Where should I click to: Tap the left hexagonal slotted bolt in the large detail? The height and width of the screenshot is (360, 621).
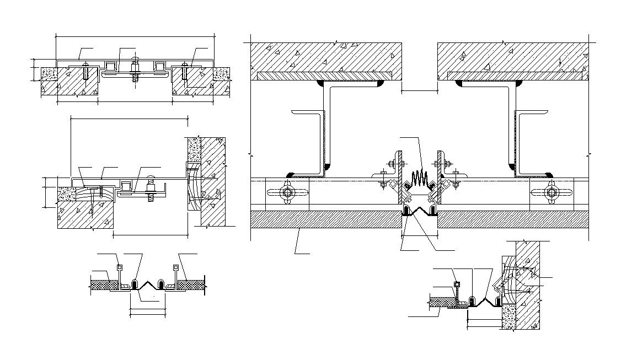coord(287,192)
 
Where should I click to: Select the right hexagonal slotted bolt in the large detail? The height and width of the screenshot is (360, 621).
coord(552,192)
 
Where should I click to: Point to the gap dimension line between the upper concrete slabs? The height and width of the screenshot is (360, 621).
coord(419,90)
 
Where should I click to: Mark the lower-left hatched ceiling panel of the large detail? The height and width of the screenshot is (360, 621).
coord(325,219)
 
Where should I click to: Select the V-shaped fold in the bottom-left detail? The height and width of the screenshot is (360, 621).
coord(147,284)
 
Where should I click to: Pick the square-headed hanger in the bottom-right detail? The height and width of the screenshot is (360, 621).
coord(457,284)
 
